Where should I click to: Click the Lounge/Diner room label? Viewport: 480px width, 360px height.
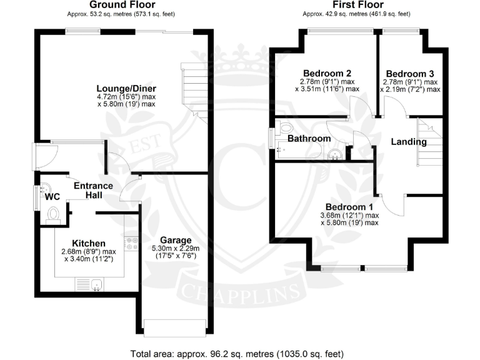126,88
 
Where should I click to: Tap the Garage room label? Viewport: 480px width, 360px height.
175,240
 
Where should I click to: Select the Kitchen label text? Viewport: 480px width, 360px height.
89,243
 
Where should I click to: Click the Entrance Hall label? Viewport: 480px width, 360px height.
94,191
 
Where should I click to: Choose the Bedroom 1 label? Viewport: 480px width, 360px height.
349,207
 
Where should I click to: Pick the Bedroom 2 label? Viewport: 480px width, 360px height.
327,72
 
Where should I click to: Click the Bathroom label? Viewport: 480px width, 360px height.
309,138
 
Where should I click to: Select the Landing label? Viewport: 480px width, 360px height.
409,142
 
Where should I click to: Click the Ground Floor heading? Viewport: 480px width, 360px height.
111,6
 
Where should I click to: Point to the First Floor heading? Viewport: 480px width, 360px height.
356,6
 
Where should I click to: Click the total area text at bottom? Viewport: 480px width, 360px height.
239,353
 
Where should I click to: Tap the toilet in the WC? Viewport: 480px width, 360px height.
53,215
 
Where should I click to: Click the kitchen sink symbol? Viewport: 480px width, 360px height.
96,285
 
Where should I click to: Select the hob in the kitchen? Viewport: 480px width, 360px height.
132,243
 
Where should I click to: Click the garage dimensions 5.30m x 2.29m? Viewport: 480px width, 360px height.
175,252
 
